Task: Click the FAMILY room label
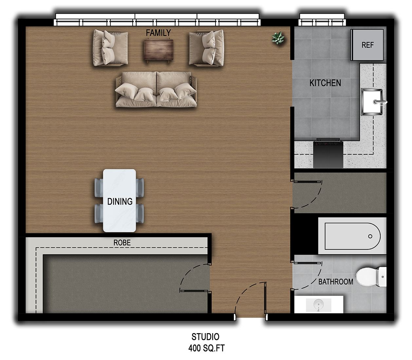158,33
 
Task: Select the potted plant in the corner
278,38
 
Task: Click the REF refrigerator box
367,45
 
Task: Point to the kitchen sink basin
372,102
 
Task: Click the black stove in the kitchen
328,153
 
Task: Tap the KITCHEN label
325,83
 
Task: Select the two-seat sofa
156,89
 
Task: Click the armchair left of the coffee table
110,48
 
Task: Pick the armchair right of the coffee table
206,48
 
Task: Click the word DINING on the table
120,201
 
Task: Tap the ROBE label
122,243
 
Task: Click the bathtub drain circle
370,236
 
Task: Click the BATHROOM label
336,282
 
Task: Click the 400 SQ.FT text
206,348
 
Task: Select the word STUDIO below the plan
205,337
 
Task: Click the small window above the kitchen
322,20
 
